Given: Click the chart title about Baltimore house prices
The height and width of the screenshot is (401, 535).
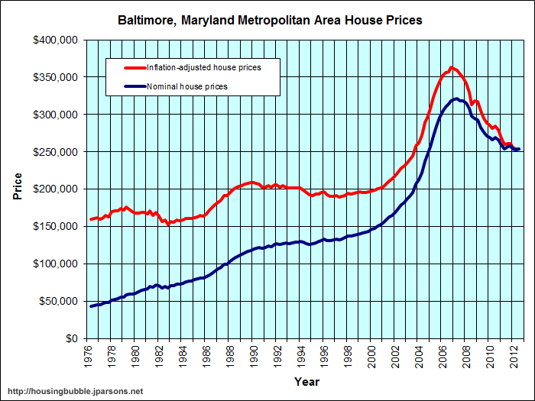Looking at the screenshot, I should (269, 20).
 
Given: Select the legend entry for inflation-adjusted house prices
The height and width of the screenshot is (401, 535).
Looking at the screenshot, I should (203, 68).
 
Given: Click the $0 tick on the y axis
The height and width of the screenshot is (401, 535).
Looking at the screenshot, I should (71, 338).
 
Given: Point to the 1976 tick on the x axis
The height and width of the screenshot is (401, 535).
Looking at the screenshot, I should (89, 356).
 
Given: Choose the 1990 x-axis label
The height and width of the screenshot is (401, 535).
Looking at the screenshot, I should (255, 356).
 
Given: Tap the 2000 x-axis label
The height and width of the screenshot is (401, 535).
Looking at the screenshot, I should (372, 356).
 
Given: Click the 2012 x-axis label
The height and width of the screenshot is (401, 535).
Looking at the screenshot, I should (514, 356).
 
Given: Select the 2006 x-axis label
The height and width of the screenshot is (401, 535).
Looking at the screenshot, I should (443, 356).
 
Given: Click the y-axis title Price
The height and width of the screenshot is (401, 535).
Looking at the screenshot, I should (17, 189).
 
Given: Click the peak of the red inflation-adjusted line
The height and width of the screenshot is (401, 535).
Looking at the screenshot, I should (452, 68).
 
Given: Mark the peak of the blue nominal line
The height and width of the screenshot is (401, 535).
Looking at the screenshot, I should (456, 99).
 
